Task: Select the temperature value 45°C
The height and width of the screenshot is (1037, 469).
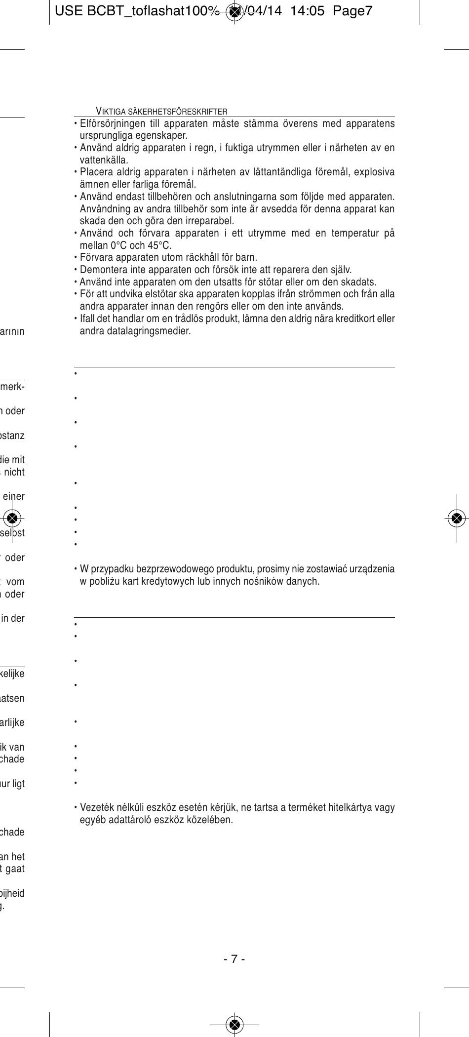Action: tap(160, 245)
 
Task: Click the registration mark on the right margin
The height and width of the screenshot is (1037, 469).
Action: tap(457, 518)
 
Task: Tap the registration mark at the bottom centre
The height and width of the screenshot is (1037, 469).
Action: tap(234, 1025)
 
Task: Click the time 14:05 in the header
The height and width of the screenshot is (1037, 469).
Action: tap(308, 11)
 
